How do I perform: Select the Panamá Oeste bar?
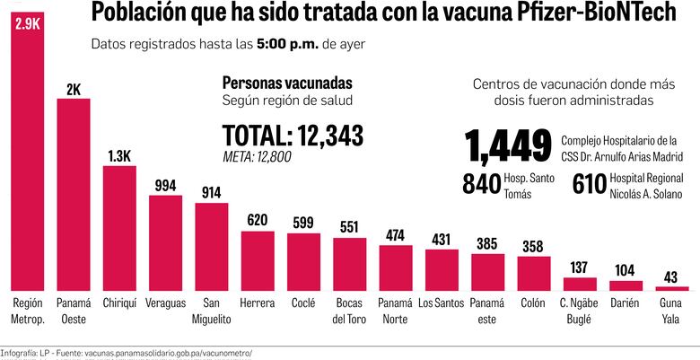point(74,193)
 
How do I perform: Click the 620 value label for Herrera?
point(258,221)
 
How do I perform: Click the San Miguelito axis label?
point(212,311)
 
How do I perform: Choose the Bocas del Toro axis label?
point(350,311)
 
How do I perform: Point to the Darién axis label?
point(626,303)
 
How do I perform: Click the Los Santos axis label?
point(442,303)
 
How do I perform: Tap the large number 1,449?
point(508,145)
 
